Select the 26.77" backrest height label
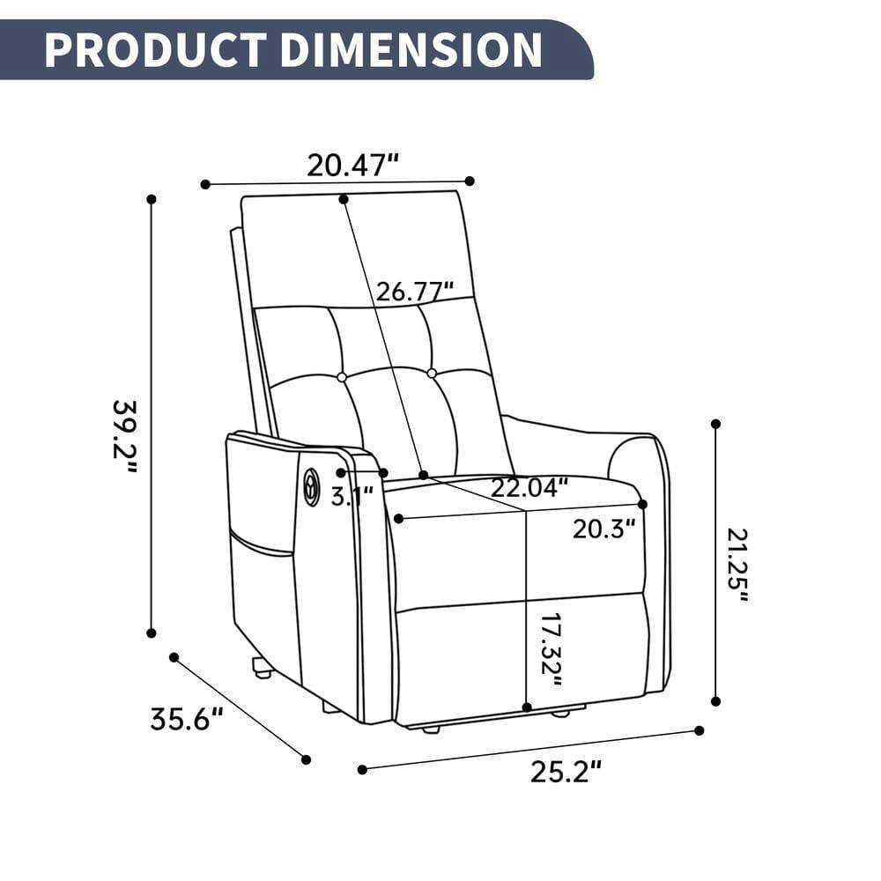click(415, 291)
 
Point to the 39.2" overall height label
click(125, 436)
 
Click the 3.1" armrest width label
click(352, 496)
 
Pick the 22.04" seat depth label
click(529, 487)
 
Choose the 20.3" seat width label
click(603, 529)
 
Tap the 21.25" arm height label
click(738, 564)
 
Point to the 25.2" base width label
click(566, 772)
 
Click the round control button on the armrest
click(311, 483)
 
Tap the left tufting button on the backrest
click(342, 377)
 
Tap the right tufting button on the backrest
click(432, 374)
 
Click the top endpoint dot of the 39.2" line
click(152, 200)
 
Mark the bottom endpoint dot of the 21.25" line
click(715, 701)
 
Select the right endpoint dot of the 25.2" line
click(700, 730)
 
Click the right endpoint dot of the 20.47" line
click(470, 181)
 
